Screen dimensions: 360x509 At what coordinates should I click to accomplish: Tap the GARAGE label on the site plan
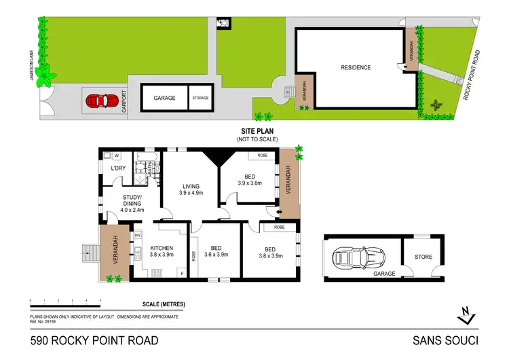pyautogui.click(x=164, y=98)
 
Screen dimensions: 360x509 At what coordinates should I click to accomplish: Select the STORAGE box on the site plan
pyautogui.click(x=200, y=98)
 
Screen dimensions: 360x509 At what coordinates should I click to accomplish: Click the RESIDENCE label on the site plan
pyautogui.click(x=356, y=67)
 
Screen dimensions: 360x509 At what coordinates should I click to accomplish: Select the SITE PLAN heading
pyautogui.click(x=252, y=132)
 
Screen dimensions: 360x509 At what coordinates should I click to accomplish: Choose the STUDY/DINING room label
pyautogui.click(x=132, y=204)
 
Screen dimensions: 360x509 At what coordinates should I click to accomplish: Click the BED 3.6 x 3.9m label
pyautogui.click(x=215, y=252)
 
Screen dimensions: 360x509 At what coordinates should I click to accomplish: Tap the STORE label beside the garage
pyautogui.click(x=423, y=257)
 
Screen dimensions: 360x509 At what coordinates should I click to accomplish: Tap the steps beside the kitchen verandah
pyautogui.click(x=88, y=255)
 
